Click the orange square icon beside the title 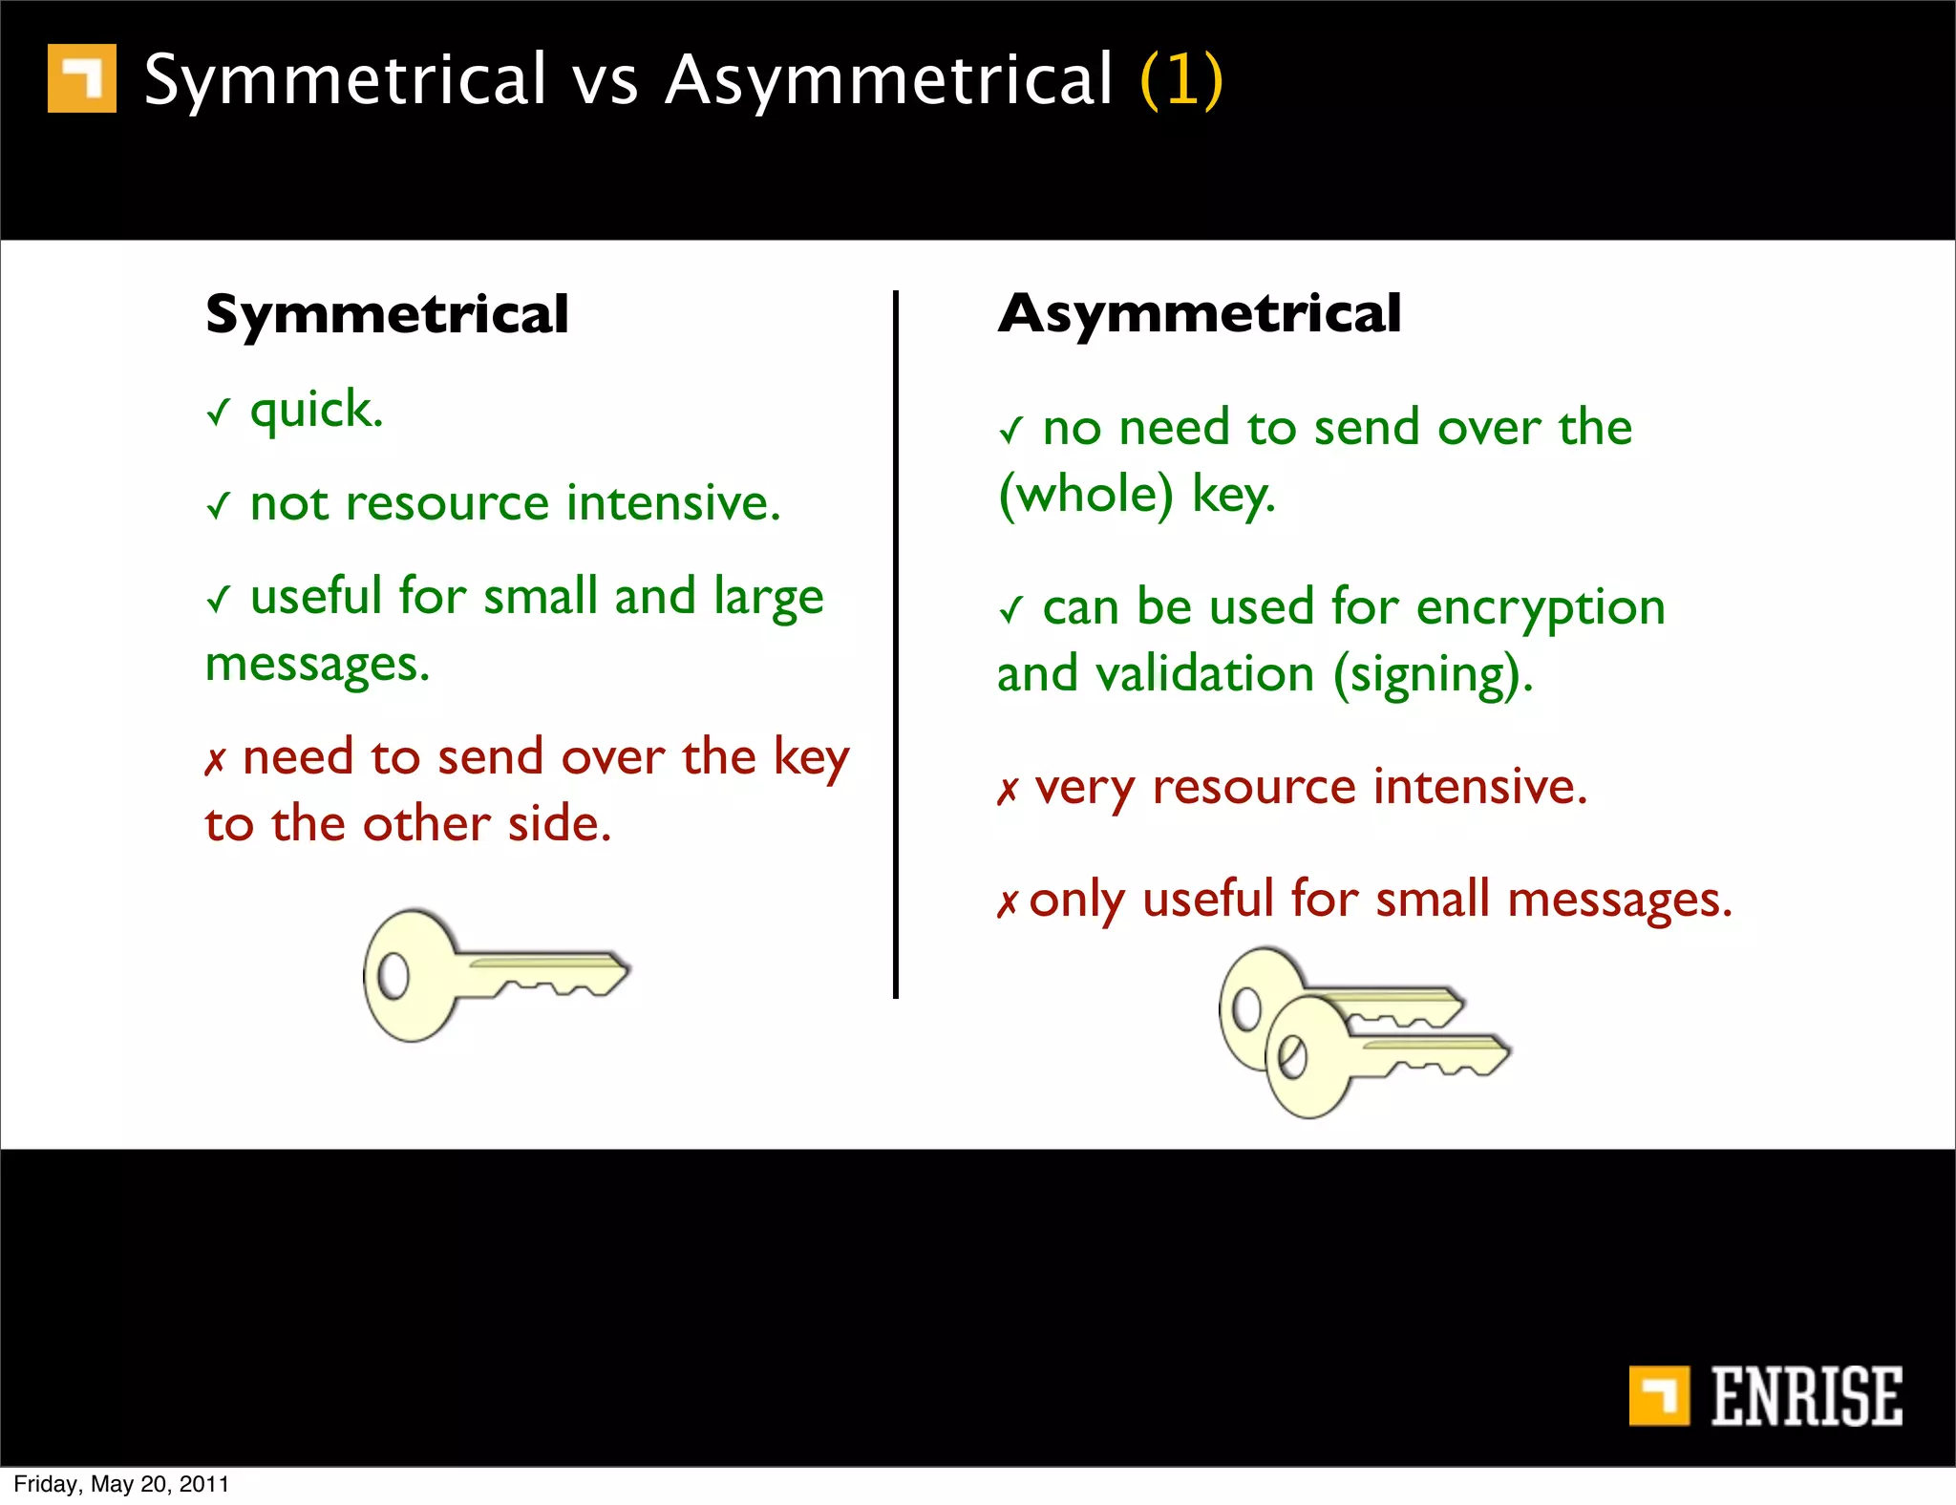82,78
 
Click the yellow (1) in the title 1180,80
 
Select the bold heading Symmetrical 387,314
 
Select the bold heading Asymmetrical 1199,314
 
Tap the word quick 315,411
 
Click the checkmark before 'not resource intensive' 219,505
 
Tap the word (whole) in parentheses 1085,495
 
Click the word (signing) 1433,675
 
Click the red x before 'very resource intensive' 1008,791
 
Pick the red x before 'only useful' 1008,902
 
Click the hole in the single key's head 393,976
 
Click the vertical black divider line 895,645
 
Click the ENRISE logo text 1805,1396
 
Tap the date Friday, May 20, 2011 121,1484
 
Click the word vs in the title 605,80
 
